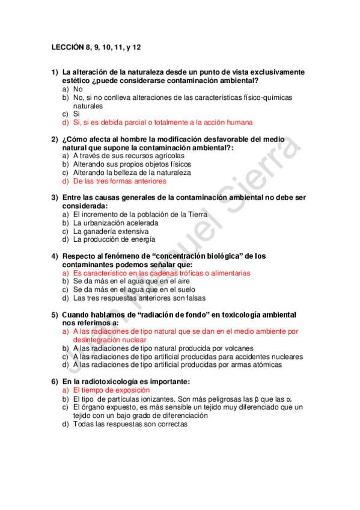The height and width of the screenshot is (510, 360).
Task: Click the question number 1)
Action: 55,72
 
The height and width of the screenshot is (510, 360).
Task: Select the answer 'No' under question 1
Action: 78,89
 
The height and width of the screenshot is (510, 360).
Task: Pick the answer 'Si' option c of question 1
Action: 76,114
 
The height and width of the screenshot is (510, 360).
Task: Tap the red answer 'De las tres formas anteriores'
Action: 120,181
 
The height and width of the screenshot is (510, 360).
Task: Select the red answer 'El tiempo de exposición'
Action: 111,390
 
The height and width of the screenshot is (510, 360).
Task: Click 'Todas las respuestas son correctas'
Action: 130,424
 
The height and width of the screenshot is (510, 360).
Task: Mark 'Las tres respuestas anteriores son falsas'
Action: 139,298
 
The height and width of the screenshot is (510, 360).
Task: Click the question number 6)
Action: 55,381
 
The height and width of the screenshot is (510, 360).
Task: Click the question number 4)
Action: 55,256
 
